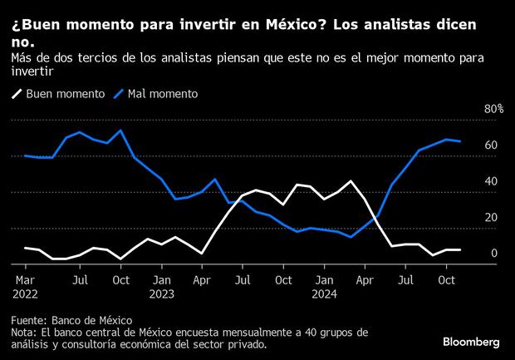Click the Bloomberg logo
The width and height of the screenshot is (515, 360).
point(472,342)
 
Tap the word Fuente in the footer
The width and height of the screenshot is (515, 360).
point(29,320)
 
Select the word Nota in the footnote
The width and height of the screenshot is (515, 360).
point(23,332)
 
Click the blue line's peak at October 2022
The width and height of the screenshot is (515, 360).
point(122,131)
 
